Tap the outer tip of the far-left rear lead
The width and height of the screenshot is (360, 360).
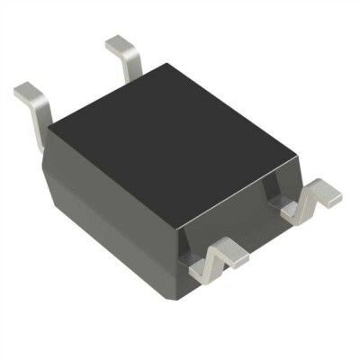pyautogui.click(x=24, y=89)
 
